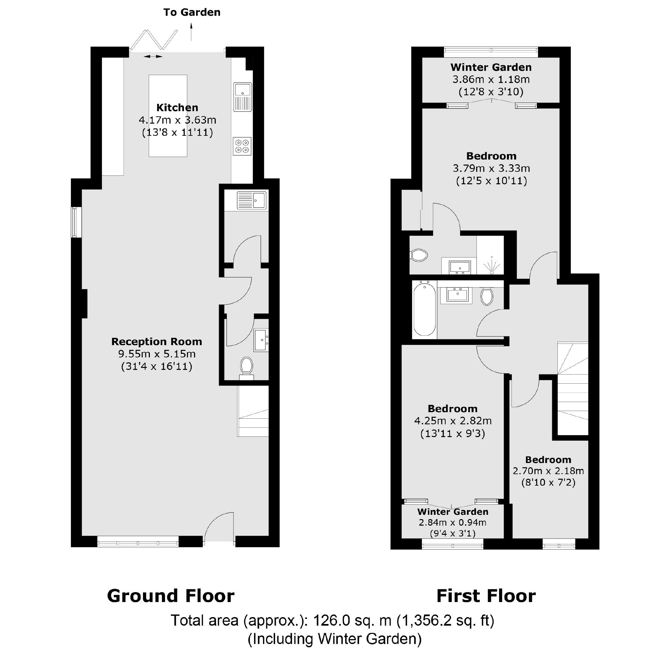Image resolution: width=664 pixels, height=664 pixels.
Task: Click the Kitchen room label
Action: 177,108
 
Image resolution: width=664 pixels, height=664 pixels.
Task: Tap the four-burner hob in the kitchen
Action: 242,146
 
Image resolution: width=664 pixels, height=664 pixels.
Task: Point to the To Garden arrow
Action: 191,31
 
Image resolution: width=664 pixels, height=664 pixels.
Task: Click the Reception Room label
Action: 156,342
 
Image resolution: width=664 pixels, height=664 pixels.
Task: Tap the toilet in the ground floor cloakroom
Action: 247,366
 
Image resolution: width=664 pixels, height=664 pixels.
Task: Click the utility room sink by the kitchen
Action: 252,200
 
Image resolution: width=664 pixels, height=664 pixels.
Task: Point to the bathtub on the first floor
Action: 425,309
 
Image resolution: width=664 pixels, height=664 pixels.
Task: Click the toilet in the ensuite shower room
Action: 419,255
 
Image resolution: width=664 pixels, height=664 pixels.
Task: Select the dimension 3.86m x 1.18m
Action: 491,80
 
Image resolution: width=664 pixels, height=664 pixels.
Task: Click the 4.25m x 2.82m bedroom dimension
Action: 453,421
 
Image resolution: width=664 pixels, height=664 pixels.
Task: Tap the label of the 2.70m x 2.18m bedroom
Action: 548,460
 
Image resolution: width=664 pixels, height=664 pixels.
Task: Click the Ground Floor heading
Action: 171,596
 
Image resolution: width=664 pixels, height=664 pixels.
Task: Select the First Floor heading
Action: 486,596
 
